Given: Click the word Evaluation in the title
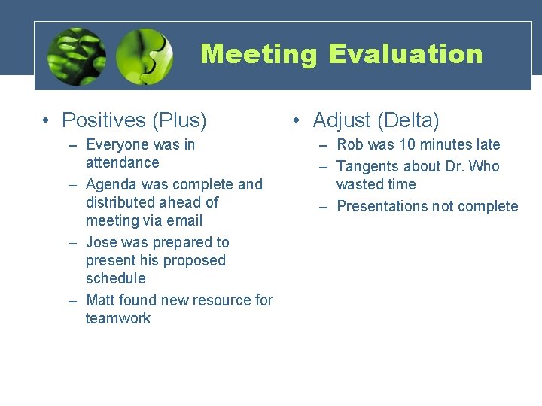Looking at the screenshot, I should coord(405,54).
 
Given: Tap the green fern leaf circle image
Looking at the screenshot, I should coord(76,56).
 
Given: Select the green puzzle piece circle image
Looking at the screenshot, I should coord(145,56).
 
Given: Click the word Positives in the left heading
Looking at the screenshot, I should coord(104,120).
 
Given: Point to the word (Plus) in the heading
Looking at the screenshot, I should coord(179,120).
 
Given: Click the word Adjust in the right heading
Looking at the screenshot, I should coord(342,120).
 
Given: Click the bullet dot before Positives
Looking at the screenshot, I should coord(47,121).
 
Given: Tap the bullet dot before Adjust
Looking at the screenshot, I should coord(298,121).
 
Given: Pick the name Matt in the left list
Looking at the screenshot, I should coord(101,300).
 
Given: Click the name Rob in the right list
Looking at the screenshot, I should coord(350,144).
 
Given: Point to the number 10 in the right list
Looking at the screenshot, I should coord(406,144).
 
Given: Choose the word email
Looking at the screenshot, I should coord(184,220).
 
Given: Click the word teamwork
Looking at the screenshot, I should coord(118,318).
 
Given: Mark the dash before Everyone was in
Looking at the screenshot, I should coord(72,145).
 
